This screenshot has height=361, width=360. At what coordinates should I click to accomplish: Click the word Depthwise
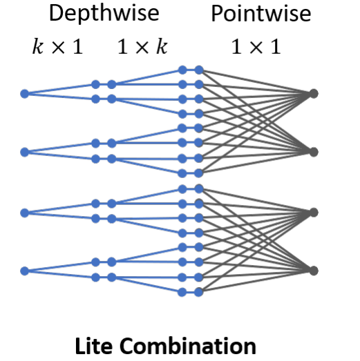104,13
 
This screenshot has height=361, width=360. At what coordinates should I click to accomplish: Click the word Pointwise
261,13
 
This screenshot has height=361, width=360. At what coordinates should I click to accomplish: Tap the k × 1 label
57,46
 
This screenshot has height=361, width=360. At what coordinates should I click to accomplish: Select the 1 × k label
142,46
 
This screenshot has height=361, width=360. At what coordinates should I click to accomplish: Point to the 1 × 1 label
256,46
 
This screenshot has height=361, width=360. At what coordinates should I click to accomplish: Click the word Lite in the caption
94,346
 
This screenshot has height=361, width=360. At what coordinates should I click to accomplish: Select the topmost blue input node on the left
25,94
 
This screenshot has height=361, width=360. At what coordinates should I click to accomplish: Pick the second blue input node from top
25,152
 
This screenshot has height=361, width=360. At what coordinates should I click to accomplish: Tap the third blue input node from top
25,213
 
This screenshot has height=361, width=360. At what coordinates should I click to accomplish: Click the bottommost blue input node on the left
25,271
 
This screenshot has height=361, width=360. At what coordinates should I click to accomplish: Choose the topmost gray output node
314,94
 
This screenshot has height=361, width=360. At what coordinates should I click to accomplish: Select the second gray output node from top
314,152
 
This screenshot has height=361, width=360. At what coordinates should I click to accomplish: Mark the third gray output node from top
314,213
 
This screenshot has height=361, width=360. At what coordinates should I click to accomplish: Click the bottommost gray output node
314,271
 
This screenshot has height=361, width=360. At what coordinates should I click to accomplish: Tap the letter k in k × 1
38,46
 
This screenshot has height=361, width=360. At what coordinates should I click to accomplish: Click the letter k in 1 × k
162,46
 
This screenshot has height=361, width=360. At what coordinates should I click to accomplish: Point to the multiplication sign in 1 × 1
256,48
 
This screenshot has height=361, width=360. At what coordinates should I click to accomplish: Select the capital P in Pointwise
217,13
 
